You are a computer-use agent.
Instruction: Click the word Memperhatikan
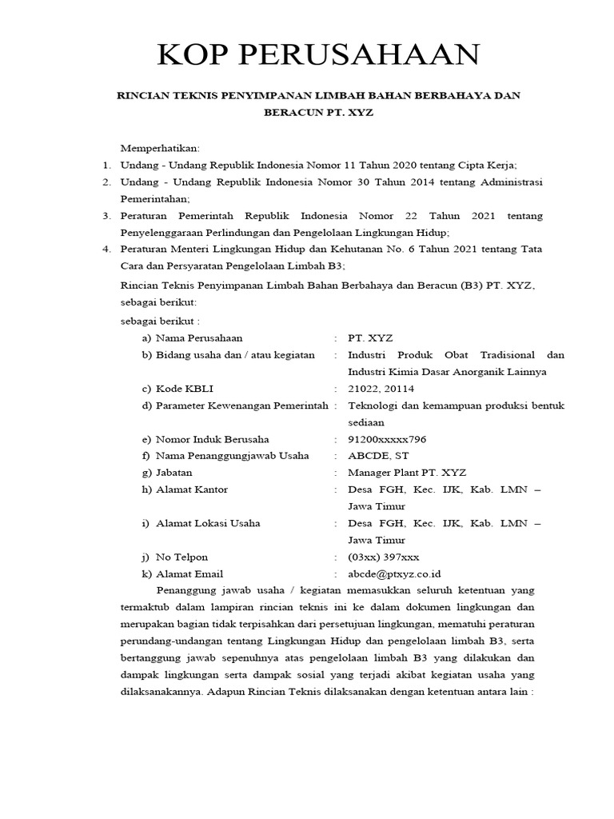(160, 148)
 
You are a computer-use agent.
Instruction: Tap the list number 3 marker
(106, 216)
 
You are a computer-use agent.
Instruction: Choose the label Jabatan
(174, 473)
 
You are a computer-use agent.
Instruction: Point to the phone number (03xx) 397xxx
(384, 557)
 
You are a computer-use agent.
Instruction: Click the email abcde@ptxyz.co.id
(394, 573)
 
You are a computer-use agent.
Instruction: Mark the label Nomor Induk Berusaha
(212, 439)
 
